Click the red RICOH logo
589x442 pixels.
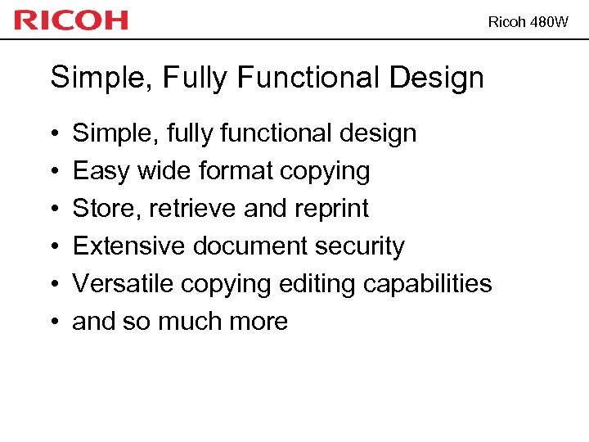pyautogui.click(x=71, y=20)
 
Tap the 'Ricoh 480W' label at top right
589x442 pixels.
pyautogui.click(x=527, y=22)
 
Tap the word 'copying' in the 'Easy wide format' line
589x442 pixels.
pyautogui.click(x=325, y=171)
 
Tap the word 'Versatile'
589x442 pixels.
pyautogui.click(x=124, y=284)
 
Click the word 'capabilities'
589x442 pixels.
pyautogui.click(x=428, y=284)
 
